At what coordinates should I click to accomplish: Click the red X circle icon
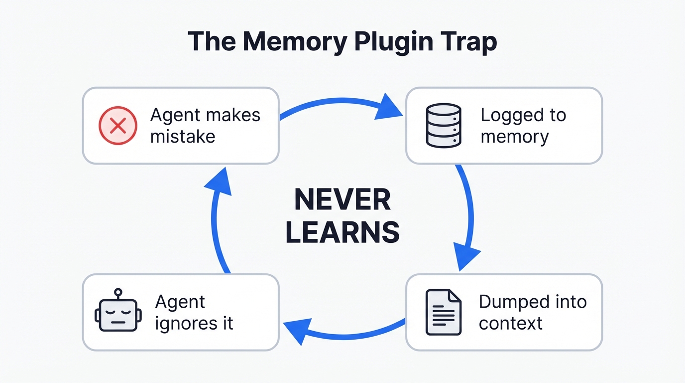(x=118, y=126)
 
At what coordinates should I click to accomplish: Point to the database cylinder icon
(x=444, y=126)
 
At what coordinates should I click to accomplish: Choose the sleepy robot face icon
(x=118, y=315)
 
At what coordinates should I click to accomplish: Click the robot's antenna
(x=118, y=293)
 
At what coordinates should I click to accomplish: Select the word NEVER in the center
(x=342, y=201)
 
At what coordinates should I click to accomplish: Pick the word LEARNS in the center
(x=342, y=232)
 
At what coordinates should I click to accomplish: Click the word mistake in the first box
(x=183, y=137)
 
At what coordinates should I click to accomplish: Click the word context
(x=510, y=323)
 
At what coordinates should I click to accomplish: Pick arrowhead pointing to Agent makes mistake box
(x=218, y=182)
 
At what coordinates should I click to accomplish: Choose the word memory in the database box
(x=514, y=137)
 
